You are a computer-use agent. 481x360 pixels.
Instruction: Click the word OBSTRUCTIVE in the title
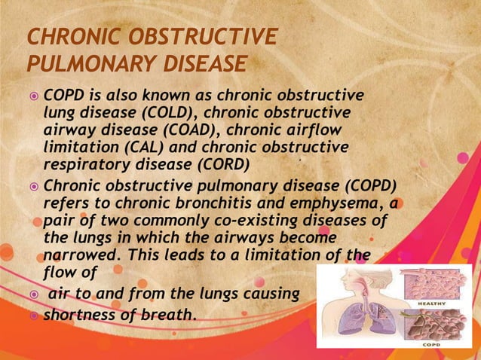[200, 37]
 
